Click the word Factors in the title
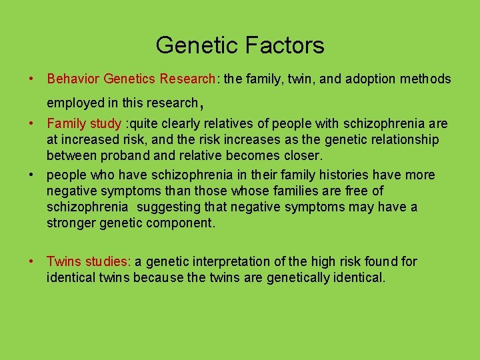[285, 45]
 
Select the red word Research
[187, 79]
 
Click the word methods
[426, 79]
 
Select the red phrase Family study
[84, 124]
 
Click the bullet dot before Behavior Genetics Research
[32, 79]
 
